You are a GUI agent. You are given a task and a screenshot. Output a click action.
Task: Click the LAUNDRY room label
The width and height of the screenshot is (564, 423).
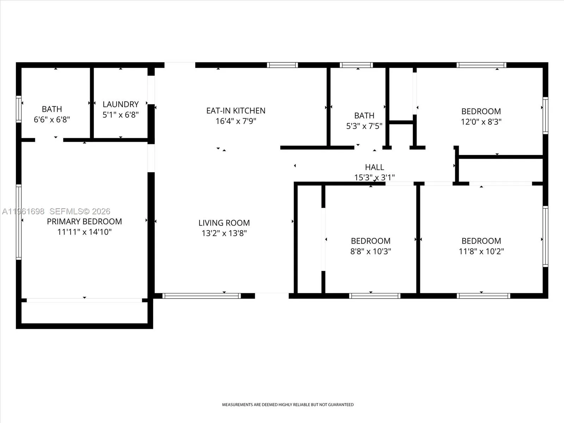point(121,104)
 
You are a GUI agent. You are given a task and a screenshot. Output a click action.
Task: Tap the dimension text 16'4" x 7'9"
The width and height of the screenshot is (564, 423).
point(236,121)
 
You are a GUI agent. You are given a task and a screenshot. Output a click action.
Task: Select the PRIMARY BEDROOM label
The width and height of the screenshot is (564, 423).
point(84,221)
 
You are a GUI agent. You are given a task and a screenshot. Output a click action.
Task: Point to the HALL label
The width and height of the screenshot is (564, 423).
point(374,167)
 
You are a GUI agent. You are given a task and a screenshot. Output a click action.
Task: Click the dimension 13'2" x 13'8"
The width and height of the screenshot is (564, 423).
point(224,233)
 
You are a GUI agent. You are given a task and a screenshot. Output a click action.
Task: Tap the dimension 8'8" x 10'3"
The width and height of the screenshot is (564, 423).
point(370,251)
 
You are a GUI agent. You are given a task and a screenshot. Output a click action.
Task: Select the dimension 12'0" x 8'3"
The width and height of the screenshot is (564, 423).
point(481,122)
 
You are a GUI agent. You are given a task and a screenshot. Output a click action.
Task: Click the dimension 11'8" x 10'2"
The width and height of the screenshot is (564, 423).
point(481,251)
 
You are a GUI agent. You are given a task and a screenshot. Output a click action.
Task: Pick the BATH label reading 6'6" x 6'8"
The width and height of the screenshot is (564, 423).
point(52,109)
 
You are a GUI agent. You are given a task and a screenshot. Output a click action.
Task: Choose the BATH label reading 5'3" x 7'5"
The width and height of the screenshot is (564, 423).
point(364,116)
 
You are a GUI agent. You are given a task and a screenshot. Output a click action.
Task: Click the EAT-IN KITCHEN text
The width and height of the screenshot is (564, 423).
point(236,111)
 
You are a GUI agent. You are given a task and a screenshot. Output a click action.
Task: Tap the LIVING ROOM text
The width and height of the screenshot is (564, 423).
point(224,223)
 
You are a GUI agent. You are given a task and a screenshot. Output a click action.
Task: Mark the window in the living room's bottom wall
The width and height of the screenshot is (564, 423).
point(202,296)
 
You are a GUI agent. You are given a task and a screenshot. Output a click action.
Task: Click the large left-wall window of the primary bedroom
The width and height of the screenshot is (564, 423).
point(19,222)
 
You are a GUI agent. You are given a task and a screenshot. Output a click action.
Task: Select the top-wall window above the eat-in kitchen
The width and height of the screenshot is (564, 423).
point(282,65)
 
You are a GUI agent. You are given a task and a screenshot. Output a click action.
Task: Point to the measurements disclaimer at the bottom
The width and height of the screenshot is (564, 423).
point(288,405)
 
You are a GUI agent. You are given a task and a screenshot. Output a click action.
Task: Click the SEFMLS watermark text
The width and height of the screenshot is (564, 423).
point(80,211)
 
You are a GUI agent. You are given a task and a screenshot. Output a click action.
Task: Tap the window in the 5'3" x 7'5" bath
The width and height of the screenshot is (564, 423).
point(356,65)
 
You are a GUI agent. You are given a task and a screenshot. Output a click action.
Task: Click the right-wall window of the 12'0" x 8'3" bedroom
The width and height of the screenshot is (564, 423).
point(545,115)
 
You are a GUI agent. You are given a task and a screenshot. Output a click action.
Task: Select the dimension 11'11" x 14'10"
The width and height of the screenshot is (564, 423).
point(84,232)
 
